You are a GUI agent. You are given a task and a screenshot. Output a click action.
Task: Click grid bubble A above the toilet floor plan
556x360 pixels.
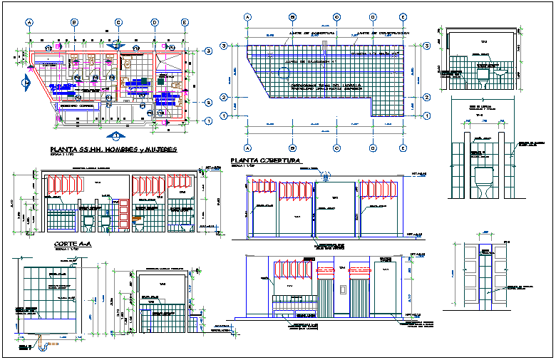point(31,23)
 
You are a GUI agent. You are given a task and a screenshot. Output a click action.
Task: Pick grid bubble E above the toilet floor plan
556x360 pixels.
point(185,23)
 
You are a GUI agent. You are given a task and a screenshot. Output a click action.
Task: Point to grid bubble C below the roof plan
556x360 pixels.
point(334,148)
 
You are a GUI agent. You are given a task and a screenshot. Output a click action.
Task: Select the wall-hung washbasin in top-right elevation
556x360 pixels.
point(501,73)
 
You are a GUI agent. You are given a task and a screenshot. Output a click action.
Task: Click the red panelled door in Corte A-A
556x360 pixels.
point(122,215)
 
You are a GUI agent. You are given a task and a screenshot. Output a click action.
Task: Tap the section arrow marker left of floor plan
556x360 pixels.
point(26,83)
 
